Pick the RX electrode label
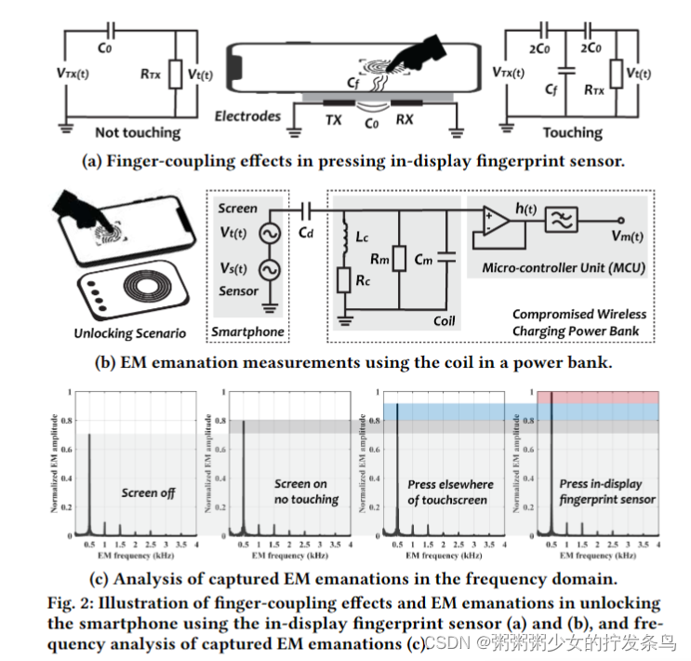[x=407, y=120]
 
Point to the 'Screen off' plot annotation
[x=148, y=492]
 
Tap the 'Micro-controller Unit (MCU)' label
[x=562, y=268]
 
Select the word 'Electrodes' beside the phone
[x=246, y=116]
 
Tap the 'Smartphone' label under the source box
[x=248, y=332]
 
